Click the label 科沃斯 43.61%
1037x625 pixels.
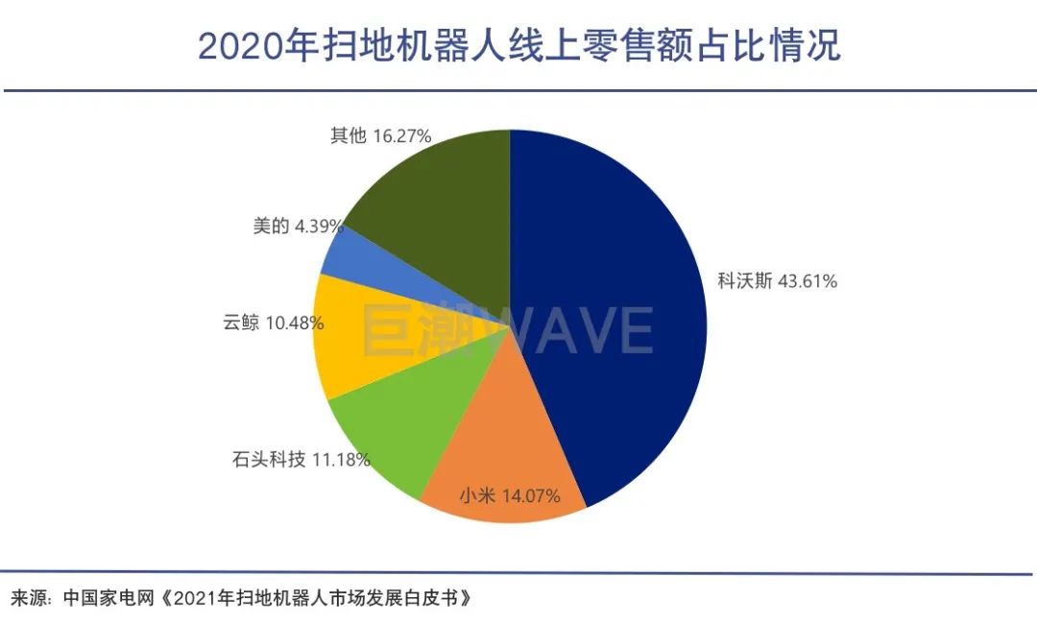point(778,281)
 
